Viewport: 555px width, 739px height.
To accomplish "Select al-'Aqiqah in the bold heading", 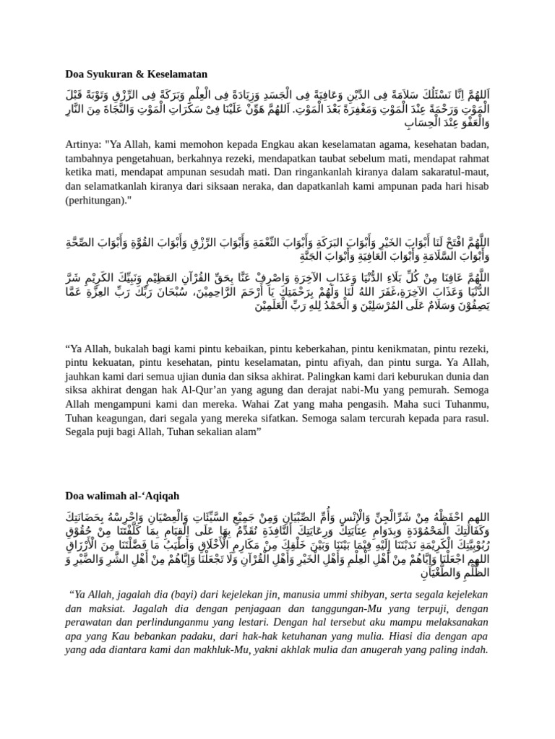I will coord(153,496).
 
